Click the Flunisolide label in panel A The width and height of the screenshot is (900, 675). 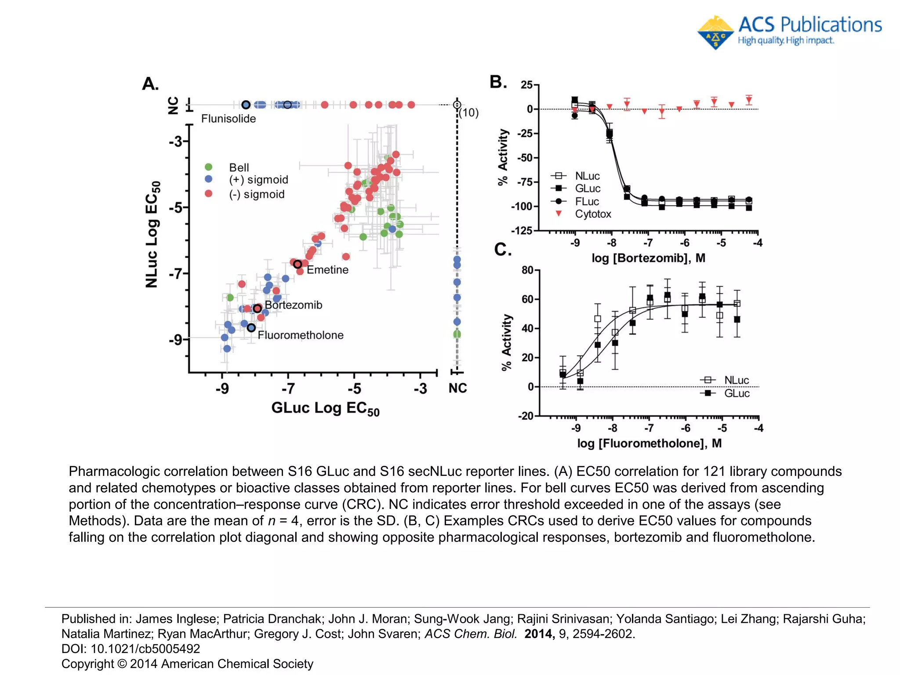click(228, 119)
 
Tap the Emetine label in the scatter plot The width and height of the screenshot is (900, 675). click(327, 270)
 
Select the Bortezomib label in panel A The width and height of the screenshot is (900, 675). click(293, 305)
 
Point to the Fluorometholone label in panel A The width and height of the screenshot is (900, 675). click(301, 335)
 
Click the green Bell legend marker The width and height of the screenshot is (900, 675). click(209, 167)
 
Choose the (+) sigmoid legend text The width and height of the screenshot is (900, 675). click(258, 180)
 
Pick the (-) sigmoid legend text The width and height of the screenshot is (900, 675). click(257, 194)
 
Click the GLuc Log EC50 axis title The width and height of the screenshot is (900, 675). click(325, 408)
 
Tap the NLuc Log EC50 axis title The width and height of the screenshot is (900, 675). click(152, 234)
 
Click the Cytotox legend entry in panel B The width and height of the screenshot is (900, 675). click(593, 214)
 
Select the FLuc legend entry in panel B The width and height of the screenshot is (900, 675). click(587, 202)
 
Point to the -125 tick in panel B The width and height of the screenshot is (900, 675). click(522, 231)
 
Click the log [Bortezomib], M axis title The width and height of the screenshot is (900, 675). click(648, 258)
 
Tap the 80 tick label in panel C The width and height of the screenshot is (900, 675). click(527, 270)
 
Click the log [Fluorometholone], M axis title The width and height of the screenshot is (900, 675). click(649, 443)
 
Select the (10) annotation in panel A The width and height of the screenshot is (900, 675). click(468, 113)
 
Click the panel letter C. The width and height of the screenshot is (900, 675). click(503, 250)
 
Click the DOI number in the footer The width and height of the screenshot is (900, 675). click(145, 649)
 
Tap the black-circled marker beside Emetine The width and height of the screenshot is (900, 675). click(298, 264)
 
